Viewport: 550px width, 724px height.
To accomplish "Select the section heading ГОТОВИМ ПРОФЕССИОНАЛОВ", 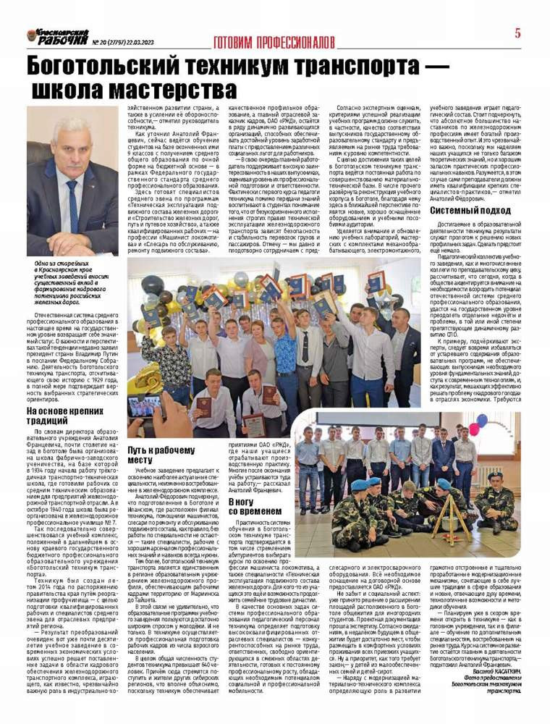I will (x=274, y=42).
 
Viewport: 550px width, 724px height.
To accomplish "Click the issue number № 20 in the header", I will (x=101, y=42).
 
